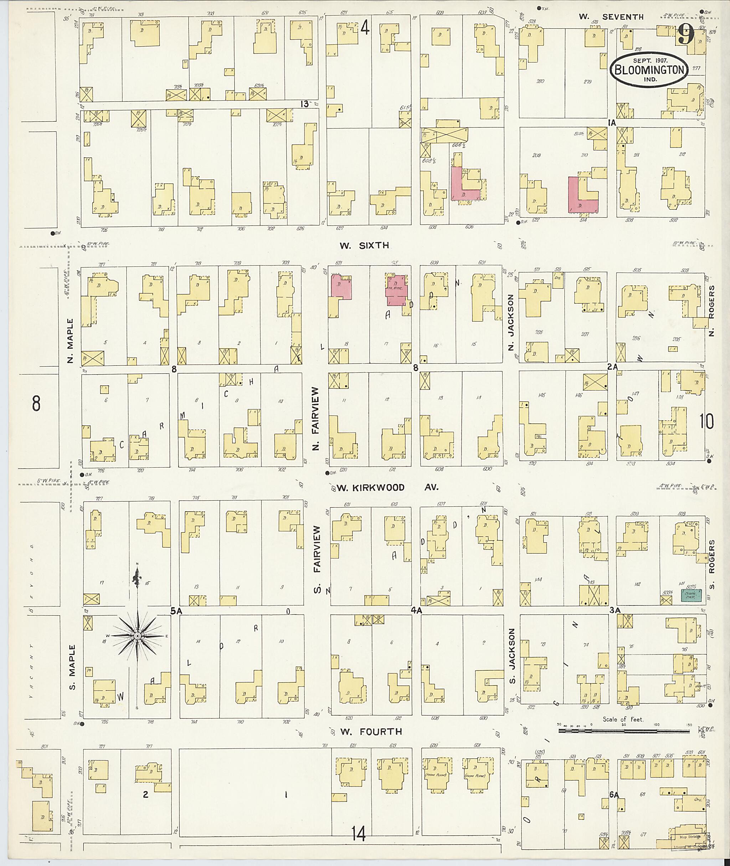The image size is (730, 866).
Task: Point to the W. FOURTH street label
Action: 371,732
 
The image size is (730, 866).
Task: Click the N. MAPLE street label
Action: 70,341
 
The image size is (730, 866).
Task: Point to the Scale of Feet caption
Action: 623,719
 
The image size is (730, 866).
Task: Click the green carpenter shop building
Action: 691,595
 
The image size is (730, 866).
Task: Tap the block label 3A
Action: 615,610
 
